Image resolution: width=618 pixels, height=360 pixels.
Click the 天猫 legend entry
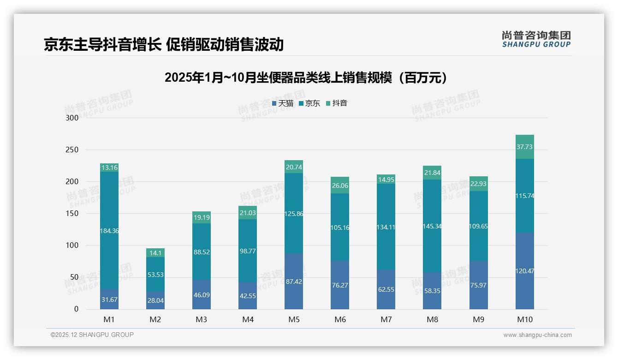pyautogui.click(x=283, y=103)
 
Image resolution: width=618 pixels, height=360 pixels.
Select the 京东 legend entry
pyautogui.click(x=309, y=103)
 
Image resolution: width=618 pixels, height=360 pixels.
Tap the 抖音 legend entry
pyautogui.click(x=337, y=103)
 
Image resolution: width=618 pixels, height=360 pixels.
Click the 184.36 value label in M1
pyautogui.click(x=109, y=231)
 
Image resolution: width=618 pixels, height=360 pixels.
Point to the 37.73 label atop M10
pyautogui.click(x=524, y=147)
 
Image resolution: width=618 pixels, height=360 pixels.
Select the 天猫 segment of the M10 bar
pyautogui.click(x=524, y=271)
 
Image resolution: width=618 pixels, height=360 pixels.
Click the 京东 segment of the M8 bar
pyautogui.click(x=432, y=226)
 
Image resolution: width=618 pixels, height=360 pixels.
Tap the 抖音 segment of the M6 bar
pyautogui.click(x=340, y=185)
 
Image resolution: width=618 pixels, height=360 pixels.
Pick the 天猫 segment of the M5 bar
pyautogui.click(x=294, y=281)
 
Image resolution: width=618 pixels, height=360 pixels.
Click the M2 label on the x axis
pyautogui.click(x=155, y=319)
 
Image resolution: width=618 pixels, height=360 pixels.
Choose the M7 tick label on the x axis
pyautogui.click(x=386, y=319)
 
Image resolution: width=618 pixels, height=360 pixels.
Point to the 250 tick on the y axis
pyautogui.click(x=72, y=150)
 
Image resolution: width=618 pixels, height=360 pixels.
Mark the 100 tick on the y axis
pyautogui.click(x=72, y=246)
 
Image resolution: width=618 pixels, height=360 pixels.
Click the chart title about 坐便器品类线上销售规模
pyautogui.click(x=306, y=78)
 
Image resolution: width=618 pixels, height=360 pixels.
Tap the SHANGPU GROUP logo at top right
pyautogui.click(x=536, y=39)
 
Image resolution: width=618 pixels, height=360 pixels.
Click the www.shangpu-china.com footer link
pyautogui.click(x=537, y=335)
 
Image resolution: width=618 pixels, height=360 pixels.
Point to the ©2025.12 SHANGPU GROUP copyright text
pyautogui.click(x=92, y=335)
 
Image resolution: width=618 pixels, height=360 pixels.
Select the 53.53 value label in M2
pyautogui.click(x=155, y=275)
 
